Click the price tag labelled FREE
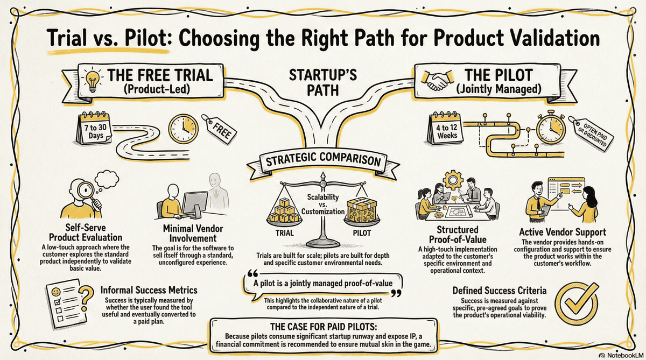click(x=220, y=130)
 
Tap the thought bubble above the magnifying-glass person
click(x=106, y=180)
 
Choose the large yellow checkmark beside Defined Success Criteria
click(x=576, y=303)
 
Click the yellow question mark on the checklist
click(x=86, y=298)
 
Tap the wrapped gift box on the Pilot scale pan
click(x=362, y=210)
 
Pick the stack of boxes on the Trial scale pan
click(x=284, y=211)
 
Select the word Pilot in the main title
click(x=146, y=38)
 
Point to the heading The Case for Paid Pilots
click(x=324, y=327)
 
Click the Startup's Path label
click(x=323, y=83)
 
